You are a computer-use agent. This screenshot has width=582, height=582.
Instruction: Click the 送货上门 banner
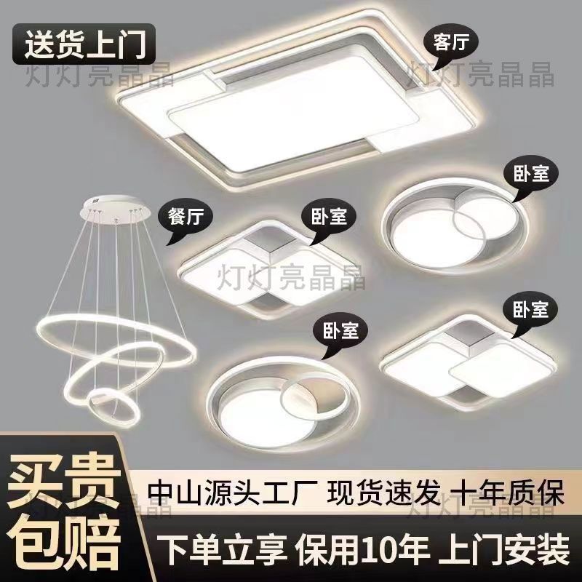coord(84,44)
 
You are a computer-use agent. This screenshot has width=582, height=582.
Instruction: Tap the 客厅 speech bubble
coord(450,46)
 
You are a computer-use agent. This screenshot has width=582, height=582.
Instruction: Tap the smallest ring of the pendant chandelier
coord(113,407)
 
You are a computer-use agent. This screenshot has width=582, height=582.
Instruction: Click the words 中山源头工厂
coord(232,493)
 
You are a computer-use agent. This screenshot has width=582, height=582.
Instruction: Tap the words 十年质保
coord(507,493)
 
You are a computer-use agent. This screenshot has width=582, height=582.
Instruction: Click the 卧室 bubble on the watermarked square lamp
coord(329,220)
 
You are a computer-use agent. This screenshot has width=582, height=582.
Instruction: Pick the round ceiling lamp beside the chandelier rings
coord(284,404)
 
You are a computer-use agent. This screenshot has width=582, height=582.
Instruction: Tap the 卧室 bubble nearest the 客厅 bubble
coord(531,175)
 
